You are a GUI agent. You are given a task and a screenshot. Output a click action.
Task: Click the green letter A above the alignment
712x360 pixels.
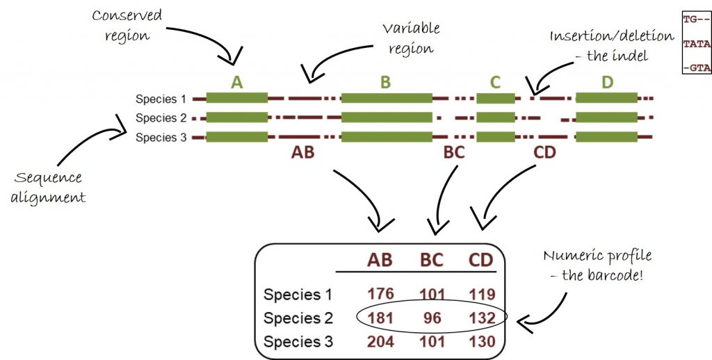point(236,83)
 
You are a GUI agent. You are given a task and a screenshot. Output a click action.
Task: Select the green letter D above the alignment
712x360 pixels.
point(607,83)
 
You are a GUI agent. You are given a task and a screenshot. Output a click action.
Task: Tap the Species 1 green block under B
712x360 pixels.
point(387,98)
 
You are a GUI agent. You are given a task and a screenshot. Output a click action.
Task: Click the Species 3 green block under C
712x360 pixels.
point(495,137)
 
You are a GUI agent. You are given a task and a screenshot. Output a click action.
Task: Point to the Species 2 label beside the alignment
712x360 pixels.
point(161,118)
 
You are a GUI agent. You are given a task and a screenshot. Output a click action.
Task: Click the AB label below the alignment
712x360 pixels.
point(303,152)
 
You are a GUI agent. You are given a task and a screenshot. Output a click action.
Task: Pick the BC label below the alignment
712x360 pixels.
point(453,152)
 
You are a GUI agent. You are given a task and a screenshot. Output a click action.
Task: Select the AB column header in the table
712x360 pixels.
point(380,260)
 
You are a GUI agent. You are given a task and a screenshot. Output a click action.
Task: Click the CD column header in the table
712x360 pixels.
point(480,260)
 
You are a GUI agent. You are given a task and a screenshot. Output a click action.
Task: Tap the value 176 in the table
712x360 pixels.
point(380,294)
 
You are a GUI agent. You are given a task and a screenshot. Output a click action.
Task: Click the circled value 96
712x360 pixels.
point(431,318)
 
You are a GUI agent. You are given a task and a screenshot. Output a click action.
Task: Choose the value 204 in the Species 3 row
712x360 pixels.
point(380,341)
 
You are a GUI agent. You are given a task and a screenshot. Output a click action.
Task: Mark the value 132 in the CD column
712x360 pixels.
point(483,318)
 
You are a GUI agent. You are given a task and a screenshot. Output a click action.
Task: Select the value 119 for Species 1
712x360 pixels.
point(483,294)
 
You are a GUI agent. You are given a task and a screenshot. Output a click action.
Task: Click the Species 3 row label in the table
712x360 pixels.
point(298,341)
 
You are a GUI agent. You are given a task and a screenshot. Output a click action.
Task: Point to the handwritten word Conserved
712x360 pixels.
point(127,16)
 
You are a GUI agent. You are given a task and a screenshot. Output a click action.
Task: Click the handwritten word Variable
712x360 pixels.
point(411,28)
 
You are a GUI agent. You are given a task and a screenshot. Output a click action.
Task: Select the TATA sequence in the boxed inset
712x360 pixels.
point(696,44)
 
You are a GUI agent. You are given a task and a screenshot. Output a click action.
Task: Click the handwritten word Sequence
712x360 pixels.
point(48,178)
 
